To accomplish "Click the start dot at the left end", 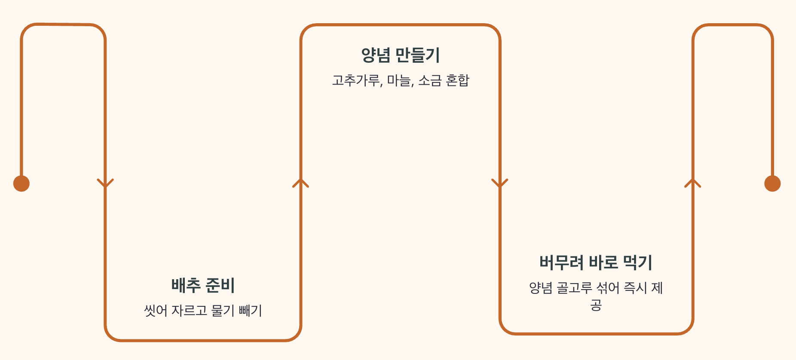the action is (21, 183).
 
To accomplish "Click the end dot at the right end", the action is (772, 183).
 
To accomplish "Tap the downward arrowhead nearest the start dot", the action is (105, 183).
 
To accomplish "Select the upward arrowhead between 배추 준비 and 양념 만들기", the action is (300, 183).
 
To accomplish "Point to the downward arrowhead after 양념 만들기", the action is (499, 183).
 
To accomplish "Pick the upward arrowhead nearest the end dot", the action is (692, 183).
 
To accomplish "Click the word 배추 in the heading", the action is (186, 285).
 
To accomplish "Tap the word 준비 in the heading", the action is (220, 285).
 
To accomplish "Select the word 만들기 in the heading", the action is (417, 55).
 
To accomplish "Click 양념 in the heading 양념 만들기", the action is (376, 55).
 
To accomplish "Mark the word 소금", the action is (430, 80).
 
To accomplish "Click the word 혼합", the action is (458, 80).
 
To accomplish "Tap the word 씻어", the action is (156, 310).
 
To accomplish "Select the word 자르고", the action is (190, 310).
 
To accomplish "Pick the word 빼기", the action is (250, 310).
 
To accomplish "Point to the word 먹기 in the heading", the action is (638, 262).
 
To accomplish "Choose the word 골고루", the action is (574, 287).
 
